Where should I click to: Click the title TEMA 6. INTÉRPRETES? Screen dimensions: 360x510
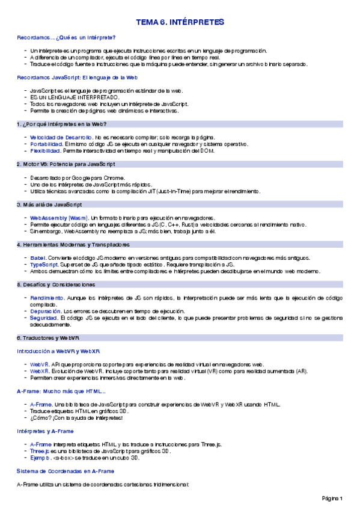click(x=180, y=22)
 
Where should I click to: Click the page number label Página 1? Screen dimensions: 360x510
click(x=332, y=498)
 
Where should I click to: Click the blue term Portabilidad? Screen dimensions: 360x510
click(x=46, y=144)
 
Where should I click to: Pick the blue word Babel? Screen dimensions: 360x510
click(x=38, y=257)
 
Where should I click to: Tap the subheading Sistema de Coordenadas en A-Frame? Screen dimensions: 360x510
click(x=65, y=470)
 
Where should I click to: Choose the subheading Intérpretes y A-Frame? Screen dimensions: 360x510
click(x=45, y=431)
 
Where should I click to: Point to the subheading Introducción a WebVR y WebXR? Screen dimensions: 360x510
click(x=58, y=351)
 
